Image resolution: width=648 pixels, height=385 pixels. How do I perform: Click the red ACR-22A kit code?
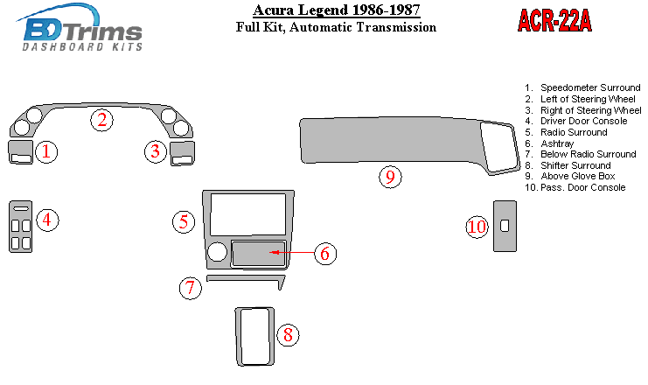tap(554, 20)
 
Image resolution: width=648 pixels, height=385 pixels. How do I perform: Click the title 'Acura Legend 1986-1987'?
tap(337, 10)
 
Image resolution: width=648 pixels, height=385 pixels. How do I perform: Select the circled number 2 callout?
tap(101, 120)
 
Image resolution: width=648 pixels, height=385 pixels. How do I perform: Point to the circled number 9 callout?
tap(390, 177)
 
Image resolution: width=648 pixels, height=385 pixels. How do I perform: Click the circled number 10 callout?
tap(477, 227)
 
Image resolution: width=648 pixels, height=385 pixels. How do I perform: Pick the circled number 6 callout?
tap(325, 254)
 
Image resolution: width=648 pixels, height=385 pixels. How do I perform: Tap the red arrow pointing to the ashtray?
tap(292, 252)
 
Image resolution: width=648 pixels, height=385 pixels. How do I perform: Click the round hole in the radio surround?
tap(217, 252)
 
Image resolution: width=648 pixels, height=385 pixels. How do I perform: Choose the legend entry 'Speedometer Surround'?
tap(590, 87)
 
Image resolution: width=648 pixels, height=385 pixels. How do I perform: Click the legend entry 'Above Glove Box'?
tap(578, 176)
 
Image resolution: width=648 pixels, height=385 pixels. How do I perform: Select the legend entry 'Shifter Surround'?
tap(575, 165)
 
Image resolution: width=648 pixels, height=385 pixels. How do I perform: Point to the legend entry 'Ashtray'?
tap(557, 143)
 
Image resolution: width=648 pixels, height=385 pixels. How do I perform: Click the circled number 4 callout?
tap(47, 220)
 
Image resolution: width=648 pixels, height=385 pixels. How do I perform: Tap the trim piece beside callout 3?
tap(182, 153)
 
